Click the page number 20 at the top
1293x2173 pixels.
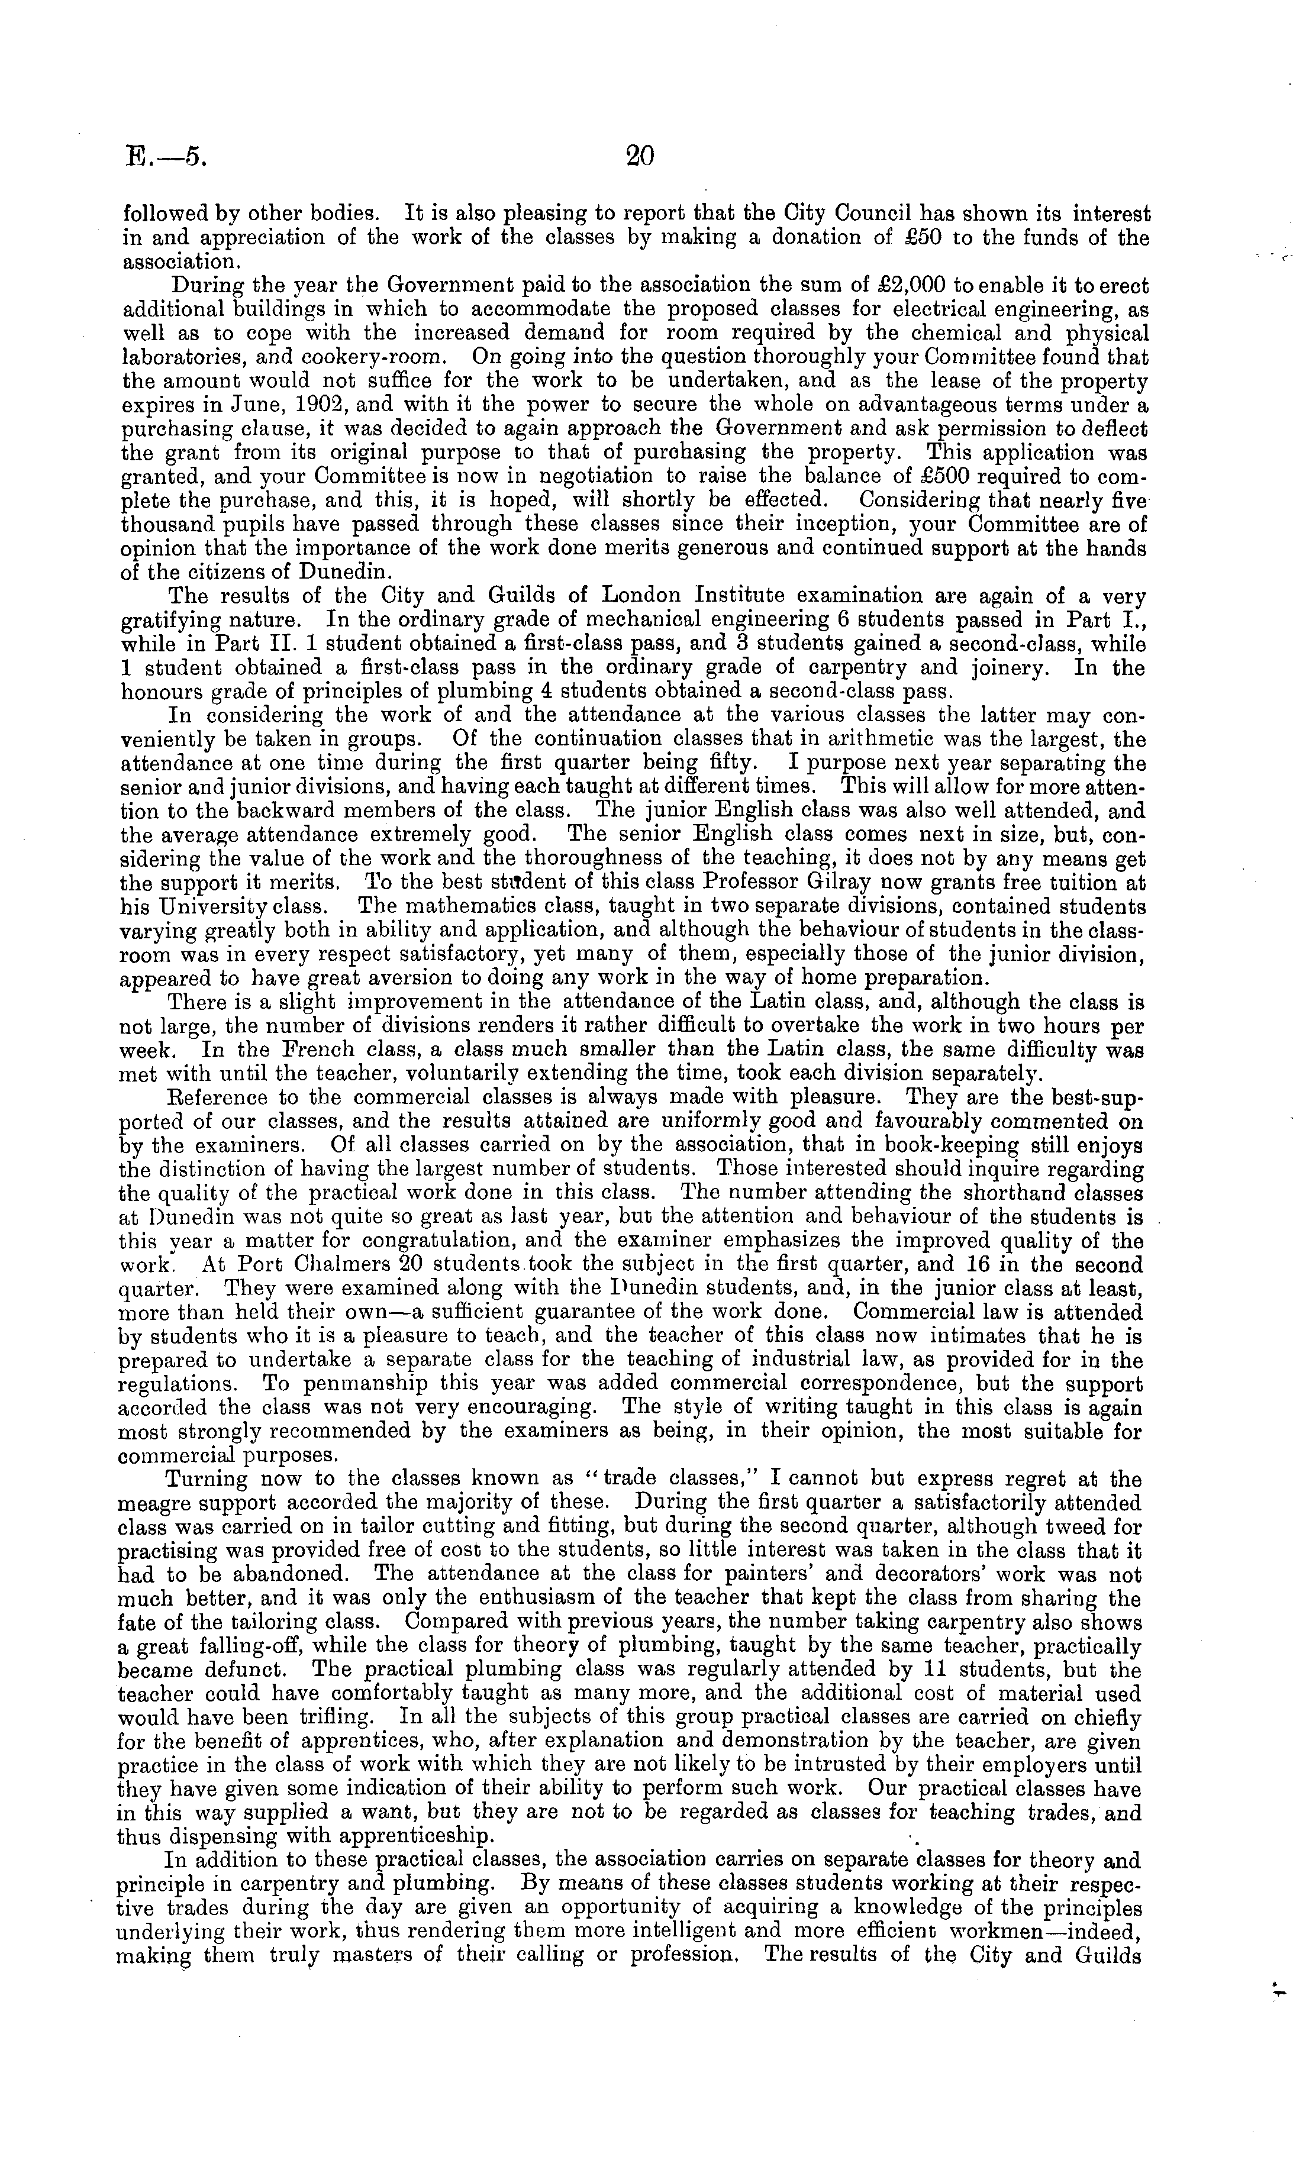640,156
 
